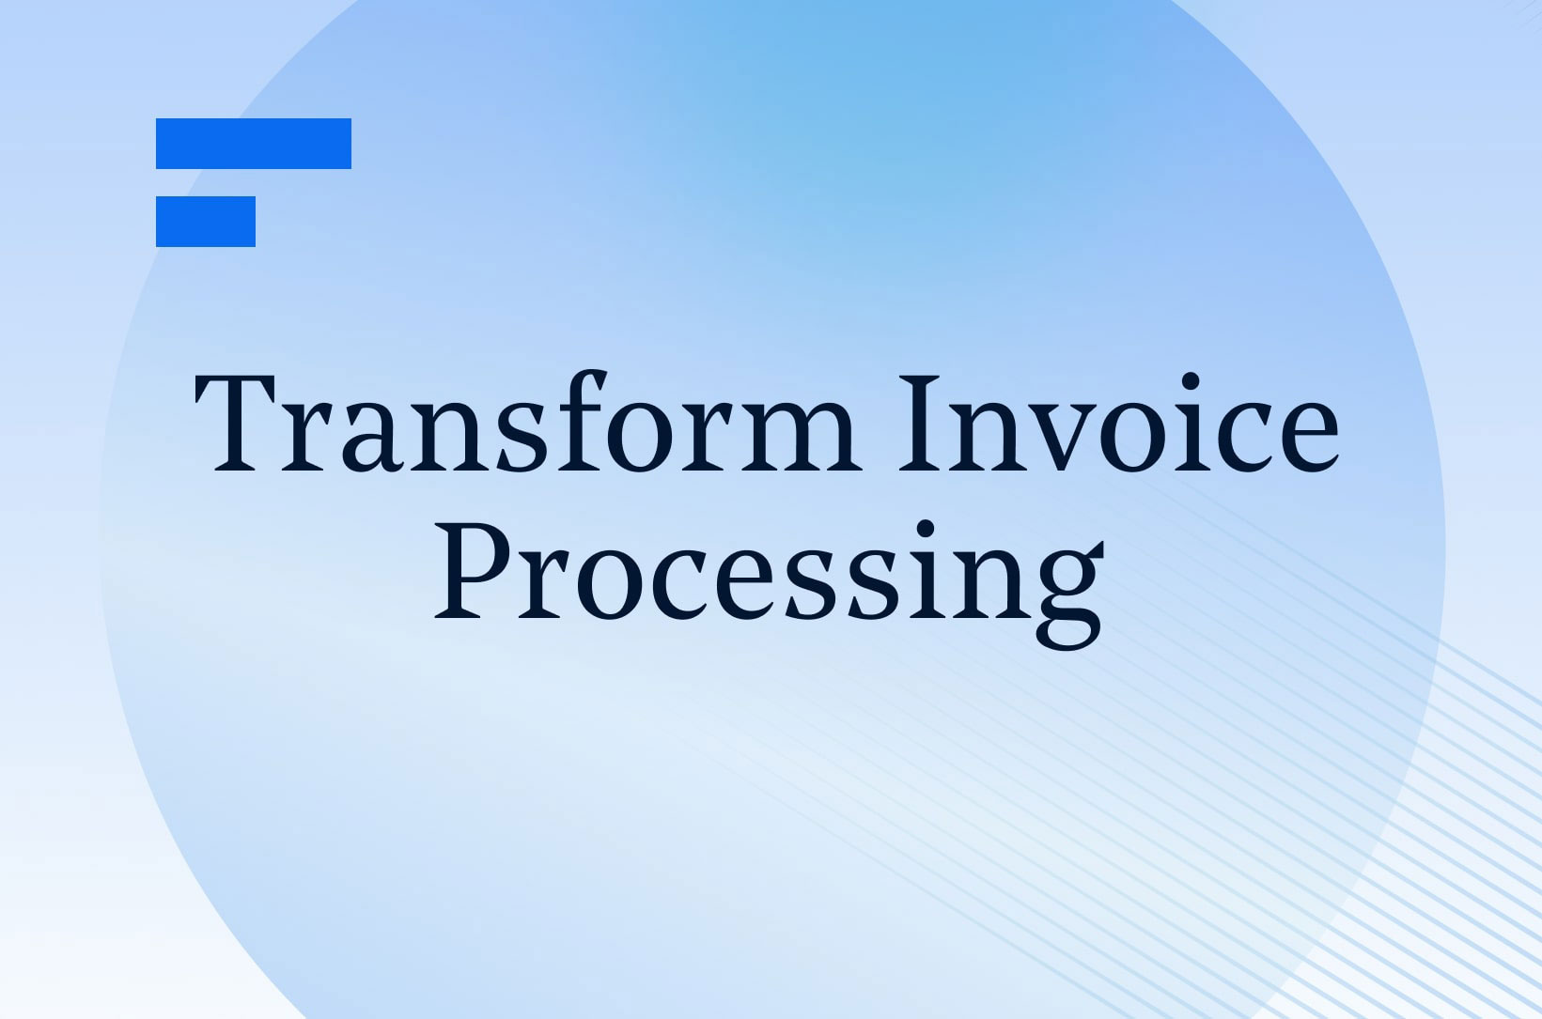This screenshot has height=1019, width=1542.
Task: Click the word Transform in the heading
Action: click(527, 422)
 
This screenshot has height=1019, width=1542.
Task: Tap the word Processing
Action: click(770, 585)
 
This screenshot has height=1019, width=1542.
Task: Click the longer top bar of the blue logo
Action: click(254, 143)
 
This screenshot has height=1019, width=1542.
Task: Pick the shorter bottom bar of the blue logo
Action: click(206, 222)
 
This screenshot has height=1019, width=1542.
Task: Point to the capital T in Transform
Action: click(235, 424)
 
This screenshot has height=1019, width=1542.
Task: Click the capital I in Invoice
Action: click(920, 424)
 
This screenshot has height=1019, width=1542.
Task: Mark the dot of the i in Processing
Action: click(926, 529)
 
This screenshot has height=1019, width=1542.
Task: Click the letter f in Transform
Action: click(581, 422)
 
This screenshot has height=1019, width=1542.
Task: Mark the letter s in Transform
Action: click(522, 440)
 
